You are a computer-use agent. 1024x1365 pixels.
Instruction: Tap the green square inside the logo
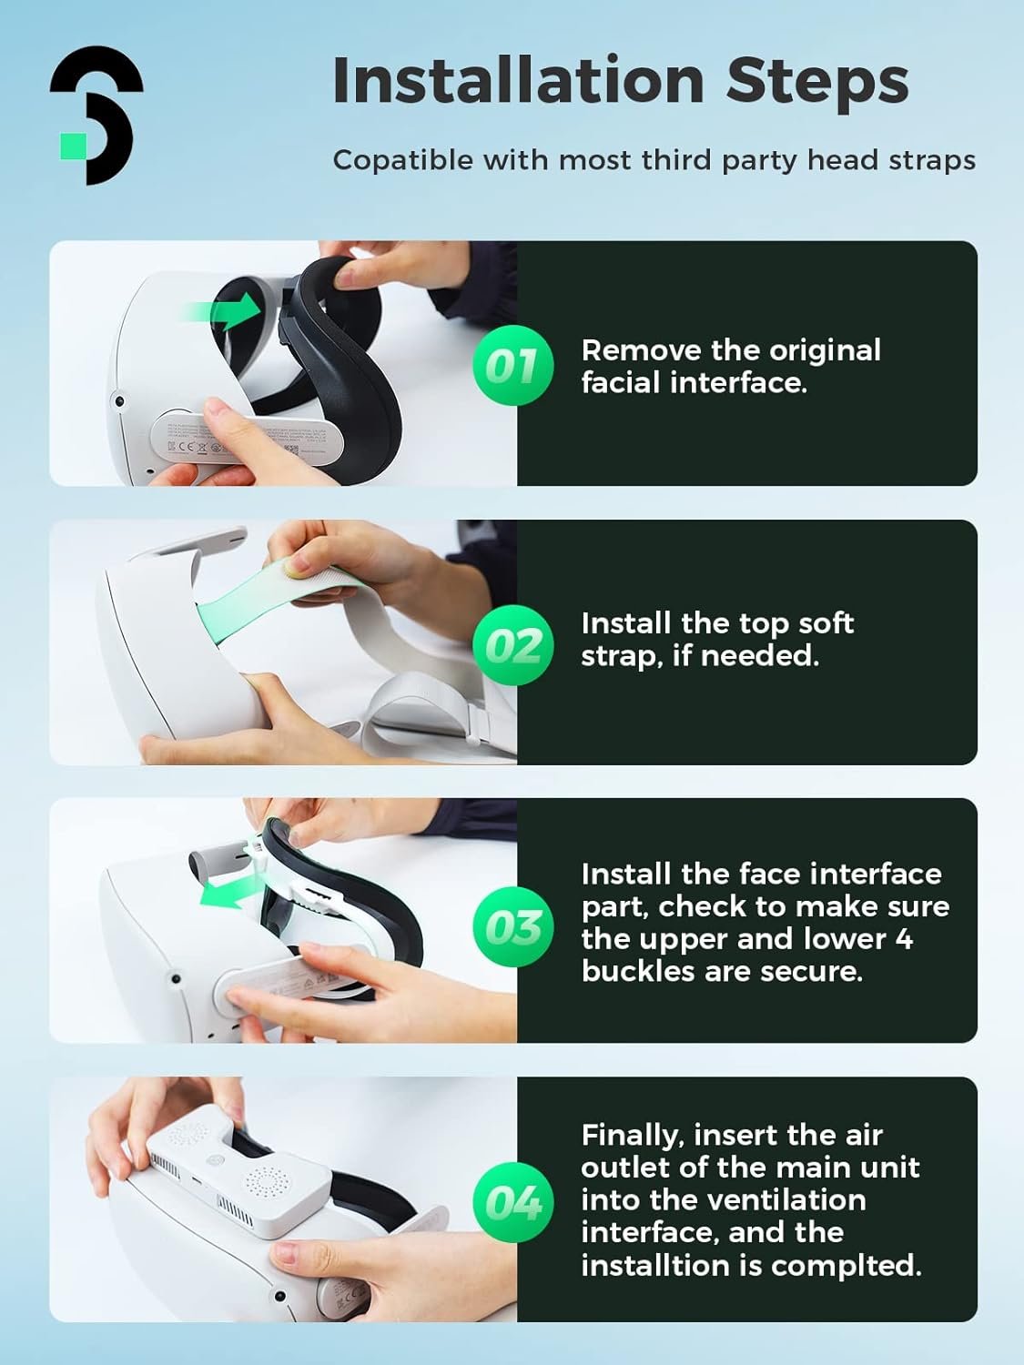click(73, 145)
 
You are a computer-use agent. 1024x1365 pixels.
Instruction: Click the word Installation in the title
click(519, 80)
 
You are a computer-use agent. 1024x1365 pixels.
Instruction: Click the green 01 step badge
click(512, 365)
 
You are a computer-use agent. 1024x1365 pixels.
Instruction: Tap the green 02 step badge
click(512, 644)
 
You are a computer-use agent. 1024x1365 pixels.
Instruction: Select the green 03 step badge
click(512, 926)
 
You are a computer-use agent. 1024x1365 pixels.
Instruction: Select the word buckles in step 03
click(638, 971)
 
